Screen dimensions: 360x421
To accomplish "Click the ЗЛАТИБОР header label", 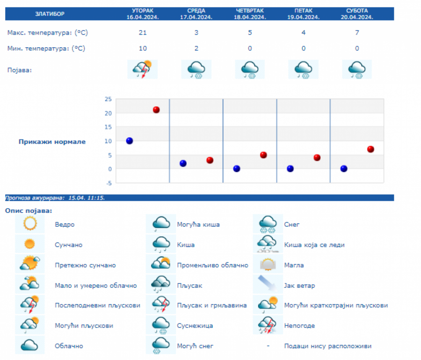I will (x=50, y=14).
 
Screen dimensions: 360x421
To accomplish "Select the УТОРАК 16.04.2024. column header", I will (x=143, y=14).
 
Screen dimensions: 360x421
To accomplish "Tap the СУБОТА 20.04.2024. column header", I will (x=357, y=14).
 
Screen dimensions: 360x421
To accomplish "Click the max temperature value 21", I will (x=143, y=33).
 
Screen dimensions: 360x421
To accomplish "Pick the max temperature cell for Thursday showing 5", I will (x=250, y=33).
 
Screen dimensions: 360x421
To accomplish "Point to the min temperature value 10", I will (x=143, y=48).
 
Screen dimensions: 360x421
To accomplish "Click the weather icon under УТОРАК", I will (x=143, y=69).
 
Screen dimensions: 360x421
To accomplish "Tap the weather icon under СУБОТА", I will (x=357, y=69).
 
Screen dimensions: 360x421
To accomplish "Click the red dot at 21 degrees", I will (x=156, y=110).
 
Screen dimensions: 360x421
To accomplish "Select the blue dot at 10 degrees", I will (x=130, y=141).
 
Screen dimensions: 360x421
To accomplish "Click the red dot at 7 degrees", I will (x=370, y=149).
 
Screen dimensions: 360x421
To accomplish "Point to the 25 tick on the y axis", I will (x=108, y=99).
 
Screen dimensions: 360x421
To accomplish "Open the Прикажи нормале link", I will (x=52, y=142).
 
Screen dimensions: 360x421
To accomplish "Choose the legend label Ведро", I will (x=65, y=225).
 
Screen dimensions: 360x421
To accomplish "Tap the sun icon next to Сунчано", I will (x=30, y=244).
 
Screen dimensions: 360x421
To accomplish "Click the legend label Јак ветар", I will (x=299, y=286).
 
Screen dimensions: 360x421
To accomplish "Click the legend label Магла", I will (x=294, y=265).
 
